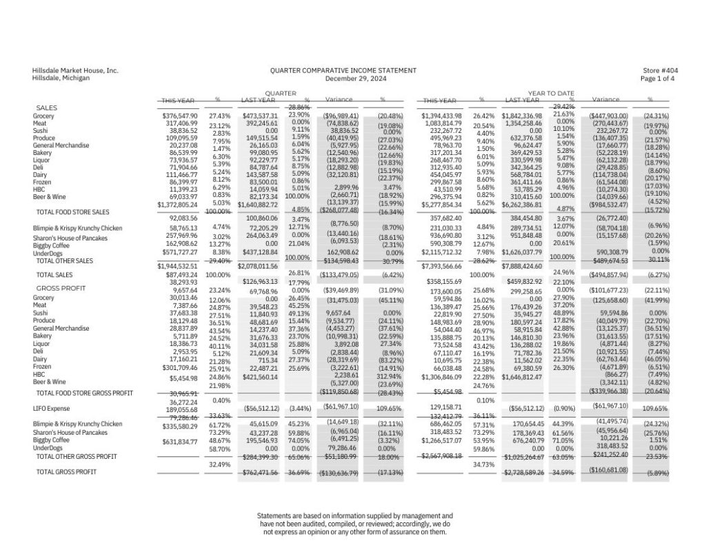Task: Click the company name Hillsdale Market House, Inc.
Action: (x=75, y=71)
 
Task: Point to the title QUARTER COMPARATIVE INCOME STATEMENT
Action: (x=343, y=71)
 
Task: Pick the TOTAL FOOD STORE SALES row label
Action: (x=75, y=212)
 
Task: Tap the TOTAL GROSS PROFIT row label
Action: (x=66, y=472)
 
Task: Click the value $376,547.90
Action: (x=179, y=116)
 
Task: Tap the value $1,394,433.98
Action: (x=442, y=116)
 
